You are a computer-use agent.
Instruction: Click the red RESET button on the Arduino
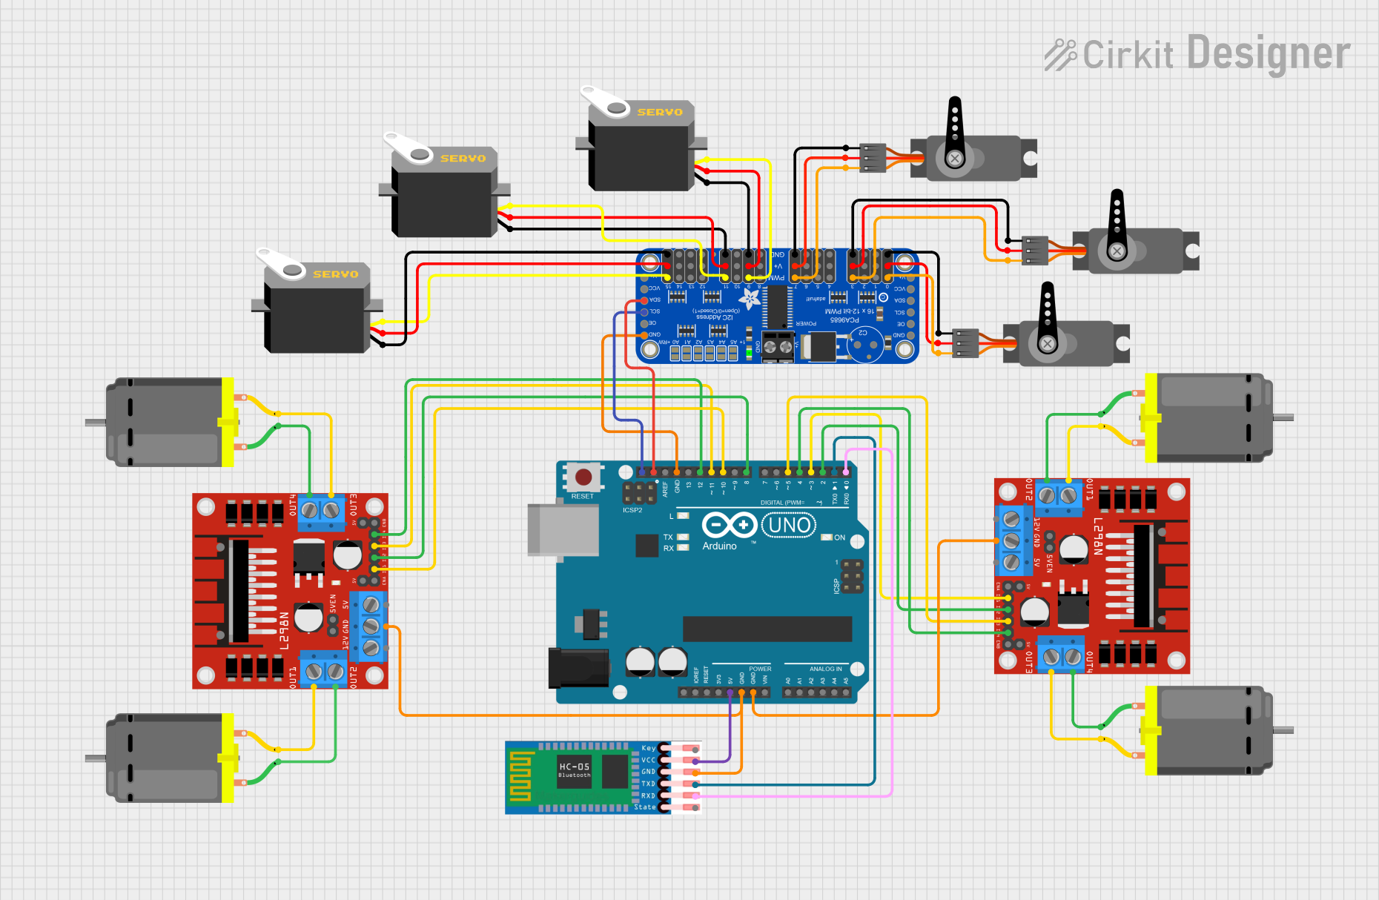pyautogui.click(x=583, y=477)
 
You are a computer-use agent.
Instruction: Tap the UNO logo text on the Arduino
pyautogui.click(x=790, y=526)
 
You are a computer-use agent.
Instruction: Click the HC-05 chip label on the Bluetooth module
pyautogui.click(x=575, y=768)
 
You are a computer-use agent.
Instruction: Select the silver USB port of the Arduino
pyautogui.click(x=563, y=529)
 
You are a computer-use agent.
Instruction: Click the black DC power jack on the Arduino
pyautogui.click(x=578, y=666)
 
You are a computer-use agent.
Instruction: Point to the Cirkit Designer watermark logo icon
pyautogui.click(x=1060, y=55)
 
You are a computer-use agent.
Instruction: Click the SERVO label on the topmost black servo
pyautogui.click(x=659, y=113)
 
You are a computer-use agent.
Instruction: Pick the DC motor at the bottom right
pyautogui.click(x=1208, y=730)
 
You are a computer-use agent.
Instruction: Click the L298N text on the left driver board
pyautogui.click(x=284, y=630)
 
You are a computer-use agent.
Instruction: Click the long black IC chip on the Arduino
pyautogui.click(x=767, y=629)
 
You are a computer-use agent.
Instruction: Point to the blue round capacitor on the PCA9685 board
pyautogui.click(x=864, y=344)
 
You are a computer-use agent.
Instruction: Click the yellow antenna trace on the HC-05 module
pyautogui.click(x=520, y=776)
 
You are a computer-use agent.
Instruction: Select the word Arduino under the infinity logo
pyautogui.click(x=719, y=546)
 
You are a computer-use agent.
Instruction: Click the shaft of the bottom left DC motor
pyautogui.click(x=96, y=758)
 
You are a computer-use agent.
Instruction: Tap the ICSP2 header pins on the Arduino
pyautogui.click(x=639, y=492)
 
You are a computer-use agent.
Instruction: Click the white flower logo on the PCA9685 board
pyautogui.click(x=750, y=300)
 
